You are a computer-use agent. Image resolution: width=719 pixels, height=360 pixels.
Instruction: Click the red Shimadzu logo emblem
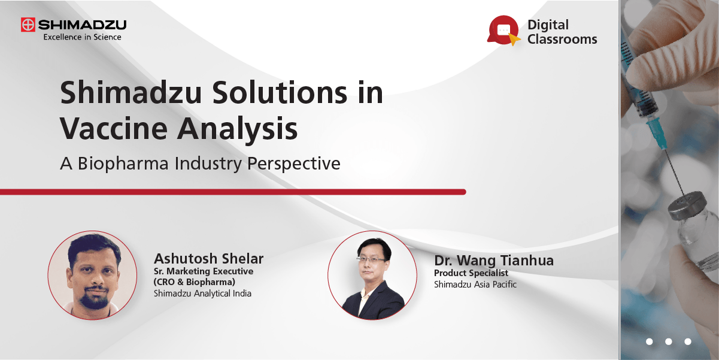coord(28,25)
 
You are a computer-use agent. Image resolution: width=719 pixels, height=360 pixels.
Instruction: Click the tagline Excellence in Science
coord(82,37)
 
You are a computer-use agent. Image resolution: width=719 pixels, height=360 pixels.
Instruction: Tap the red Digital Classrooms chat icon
coord(503,30)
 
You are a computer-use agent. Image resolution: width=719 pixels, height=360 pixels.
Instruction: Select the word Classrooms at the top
coord(562,40)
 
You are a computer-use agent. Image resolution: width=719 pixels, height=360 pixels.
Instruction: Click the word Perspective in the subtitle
coord(292,164)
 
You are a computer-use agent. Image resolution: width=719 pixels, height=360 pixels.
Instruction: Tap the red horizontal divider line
coord(233,192)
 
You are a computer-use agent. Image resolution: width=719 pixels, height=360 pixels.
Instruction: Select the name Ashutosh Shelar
coord(208,259)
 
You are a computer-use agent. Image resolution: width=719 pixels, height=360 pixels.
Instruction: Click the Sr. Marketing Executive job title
coord(204,271)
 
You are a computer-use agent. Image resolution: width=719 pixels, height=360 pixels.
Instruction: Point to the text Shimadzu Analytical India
coord(202,294)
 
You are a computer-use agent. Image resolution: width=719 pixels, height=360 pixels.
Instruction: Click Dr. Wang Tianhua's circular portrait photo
coord(372,274)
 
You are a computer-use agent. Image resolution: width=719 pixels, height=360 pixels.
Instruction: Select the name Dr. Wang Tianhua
coord(494,261)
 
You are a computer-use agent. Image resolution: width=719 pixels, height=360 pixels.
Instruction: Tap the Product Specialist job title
coord(471,273)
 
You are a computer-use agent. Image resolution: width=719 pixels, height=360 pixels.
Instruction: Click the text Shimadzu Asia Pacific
coord(475,285)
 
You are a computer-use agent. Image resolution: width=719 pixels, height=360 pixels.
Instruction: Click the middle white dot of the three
coord(669,341)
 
